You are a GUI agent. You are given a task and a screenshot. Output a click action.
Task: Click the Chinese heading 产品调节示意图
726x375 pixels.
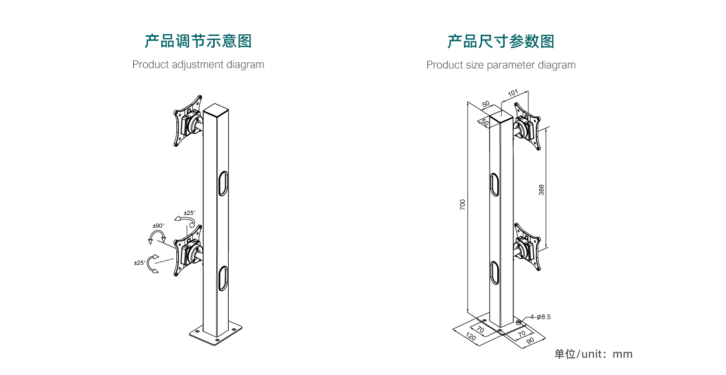click(x=198, y=41)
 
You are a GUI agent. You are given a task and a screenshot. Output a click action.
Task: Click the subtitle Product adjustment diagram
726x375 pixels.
click(x=198, y=65)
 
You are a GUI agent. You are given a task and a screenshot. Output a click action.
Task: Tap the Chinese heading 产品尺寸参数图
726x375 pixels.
click(x=501, y=41)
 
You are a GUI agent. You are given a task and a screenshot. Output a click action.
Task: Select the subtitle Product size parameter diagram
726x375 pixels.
click(x=501, y=65)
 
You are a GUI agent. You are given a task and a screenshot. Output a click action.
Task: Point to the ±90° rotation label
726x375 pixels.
click(x=158, y=226)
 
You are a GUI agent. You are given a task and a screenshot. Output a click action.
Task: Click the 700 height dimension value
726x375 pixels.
click(x=463, y=204)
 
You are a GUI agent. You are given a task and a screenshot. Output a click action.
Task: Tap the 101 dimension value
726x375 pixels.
click(x=513, y=94)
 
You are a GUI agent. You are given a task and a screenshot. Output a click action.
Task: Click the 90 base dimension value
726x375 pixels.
click(x=530, y=341)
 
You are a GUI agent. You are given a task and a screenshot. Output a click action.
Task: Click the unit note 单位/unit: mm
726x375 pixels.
click(x=593, y=354)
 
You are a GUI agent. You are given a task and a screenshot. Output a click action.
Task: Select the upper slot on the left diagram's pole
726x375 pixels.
click(x=222, y=183)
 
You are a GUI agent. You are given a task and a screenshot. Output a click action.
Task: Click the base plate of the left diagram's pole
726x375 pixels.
click(x=216, y=333)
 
